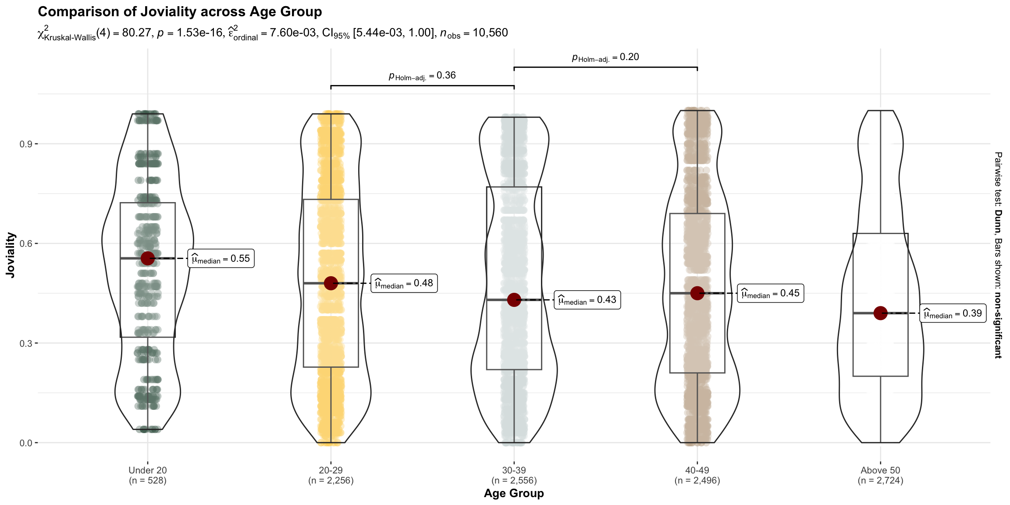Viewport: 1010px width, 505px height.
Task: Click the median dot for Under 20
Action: click(x=148, y=258)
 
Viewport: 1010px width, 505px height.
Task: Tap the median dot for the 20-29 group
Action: click(x=331, y=283)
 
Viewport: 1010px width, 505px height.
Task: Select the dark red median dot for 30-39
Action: click(x=514, y=300)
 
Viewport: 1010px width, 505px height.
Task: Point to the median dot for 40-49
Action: click(x=697, y=293)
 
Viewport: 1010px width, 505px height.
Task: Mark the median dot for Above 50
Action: click(x=881, y=313)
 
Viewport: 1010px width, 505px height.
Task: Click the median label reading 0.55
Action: click(x=221, y=258)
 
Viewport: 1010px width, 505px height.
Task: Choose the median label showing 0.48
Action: click(x=404, y=283)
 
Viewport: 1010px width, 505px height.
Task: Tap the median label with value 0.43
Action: click(x=587, y=300)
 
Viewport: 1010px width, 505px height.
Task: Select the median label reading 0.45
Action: click(x=771, y=293)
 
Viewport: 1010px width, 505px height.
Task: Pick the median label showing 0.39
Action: click(x=953, y=313)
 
